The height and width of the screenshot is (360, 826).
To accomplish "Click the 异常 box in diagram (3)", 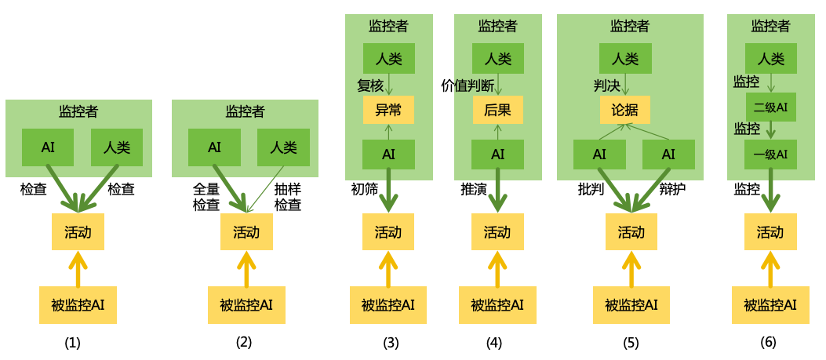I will pyautogui.click(x=388, y=111).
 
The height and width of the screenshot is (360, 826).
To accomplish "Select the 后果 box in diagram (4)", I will pyautogui.click(x=497, y=111).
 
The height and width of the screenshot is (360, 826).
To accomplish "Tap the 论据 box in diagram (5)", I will pyautogui.click(x=624, y=111).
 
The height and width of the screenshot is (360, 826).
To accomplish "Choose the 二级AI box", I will pyautogui.click(x=770, y=107).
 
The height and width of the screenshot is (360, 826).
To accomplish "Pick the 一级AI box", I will pyautogui.click(x=770, y=154).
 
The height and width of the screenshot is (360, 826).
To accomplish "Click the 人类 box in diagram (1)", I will pyautogui.click(x=116, y=147).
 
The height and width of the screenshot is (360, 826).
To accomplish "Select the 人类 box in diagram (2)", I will pyautogui.click(x=283, y=147).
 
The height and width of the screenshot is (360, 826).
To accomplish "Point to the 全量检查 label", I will pyautogui.click(x=206, y=198).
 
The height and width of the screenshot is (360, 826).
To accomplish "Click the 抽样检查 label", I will pyautogui.click(x=287, y=198).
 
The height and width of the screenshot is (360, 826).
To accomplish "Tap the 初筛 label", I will pyautogui.click(x=364, y=189).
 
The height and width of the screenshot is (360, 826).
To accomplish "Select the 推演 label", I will pyautogui.click(x=473, y=189).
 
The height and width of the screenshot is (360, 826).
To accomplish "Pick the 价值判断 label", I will pyautogui.click(x=468, y=85).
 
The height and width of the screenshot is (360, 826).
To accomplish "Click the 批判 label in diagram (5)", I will pyautogui.click(x=590, y=189).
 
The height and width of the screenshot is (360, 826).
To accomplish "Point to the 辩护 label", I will pyautogui.click(x=672, y=189).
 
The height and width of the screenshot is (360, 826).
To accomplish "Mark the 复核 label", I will pyautogui.click(x=369, y=85).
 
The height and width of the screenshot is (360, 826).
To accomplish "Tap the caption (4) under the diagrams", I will pyautogui.click(x=493, y=342).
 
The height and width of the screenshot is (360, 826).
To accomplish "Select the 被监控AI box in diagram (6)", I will pyautogui.click(x=770, y=305).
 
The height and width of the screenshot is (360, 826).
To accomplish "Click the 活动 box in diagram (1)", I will pyautogui.click(x=78, y=231).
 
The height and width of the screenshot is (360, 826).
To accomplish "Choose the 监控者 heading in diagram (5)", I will pyautogui.click(x=630, y=26).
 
